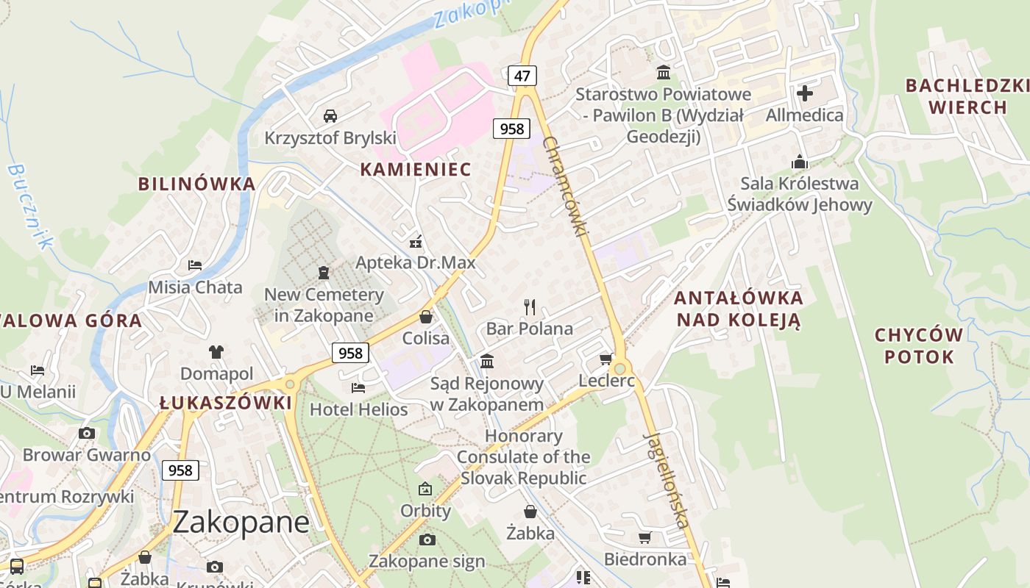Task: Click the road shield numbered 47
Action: [522, 75]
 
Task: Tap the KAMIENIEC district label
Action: [416, 169]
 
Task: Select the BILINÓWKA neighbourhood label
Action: [197, 184]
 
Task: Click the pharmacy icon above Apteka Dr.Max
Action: [416, 241]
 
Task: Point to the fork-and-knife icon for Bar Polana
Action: [530, 306]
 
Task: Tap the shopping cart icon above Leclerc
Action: [606, 359]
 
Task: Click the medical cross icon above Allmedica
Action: [805, 93]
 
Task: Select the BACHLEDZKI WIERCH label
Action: [967, 96]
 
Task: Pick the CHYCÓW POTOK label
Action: [919, 346]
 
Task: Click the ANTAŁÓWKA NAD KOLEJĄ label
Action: [738, 309]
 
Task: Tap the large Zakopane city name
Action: [241, 522]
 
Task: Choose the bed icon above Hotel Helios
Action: [358, 387]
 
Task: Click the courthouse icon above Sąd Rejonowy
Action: [487, 362]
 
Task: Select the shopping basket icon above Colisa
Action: [425, 317]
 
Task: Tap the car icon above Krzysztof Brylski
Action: [330, 116]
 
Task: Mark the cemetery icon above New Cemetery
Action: [324, 273]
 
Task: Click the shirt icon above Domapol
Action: [216, 352]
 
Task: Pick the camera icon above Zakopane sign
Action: [427, 540]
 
